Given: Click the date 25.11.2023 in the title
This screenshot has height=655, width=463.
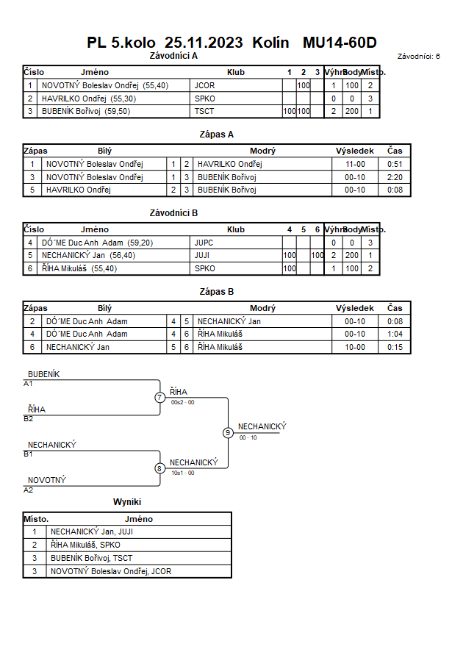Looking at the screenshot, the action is [x=204, y=43].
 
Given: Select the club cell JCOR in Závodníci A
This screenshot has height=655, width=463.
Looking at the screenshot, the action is [x=204, y=85].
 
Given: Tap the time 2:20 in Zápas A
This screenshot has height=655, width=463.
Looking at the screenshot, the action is [x=395, y=177].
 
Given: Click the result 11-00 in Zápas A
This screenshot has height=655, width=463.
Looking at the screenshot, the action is [x=355, y=164].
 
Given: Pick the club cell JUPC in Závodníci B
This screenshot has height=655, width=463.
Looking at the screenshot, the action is [x=204, y=243].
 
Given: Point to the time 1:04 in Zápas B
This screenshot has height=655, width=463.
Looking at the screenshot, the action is [x=395, y=334].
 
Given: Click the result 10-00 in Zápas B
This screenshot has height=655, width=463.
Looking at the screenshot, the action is [x=355, y=347].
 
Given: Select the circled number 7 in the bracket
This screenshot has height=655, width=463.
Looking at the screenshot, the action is [x=159, y=397].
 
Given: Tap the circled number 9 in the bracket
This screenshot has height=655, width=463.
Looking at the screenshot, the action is [x=228, y=433].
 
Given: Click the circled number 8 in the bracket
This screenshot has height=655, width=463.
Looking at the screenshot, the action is [x=159, y=469].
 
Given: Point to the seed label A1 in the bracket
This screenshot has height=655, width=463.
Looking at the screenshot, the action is [x=28, y=384].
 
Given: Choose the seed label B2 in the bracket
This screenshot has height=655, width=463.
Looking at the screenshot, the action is [x=29, y=418].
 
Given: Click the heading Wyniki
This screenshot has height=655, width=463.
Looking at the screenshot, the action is [x=127, y=502].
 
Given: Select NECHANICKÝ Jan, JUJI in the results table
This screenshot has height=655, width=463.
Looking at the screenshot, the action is [x=92, y=531].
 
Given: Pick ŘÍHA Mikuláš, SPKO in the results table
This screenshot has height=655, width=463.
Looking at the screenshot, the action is [x=85, y=545].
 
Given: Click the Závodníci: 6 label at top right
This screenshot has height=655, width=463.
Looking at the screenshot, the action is [x=419, y=57].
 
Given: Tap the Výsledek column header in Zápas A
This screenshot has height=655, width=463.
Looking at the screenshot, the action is [x=355, y=151].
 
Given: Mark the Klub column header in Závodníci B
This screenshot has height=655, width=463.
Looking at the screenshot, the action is [x=236, y=230].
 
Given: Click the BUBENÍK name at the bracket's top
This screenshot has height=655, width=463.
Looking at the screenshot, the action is [x=44, y=374].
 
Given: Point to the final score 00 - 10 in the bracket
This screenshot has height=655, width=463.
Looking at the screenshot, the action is [x=248, y=438].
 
